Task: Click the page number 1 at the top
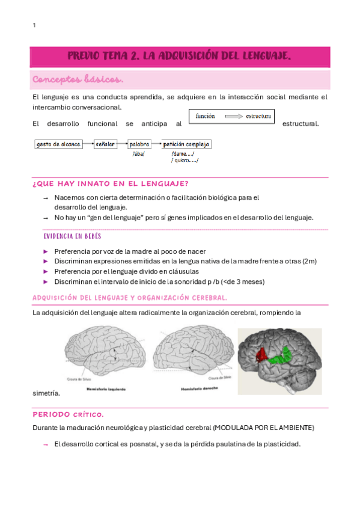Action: (x=34, y=25)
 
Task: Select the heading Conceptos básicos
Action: (x=78, y=79)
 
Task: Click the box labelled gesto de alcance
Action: (x=58, y=144)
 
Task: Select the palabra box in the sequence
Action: (x=139, y=144)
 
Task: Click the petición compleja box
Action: (x=186, y=144)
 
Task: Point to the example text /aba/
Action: (x=139, y=153)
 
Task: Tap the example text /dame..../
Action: (x=182, y=153)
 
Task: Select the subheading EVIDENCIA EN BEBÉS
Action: (x=72, y=236)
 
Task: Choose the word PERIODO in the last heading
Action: (x=51, y=414)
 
